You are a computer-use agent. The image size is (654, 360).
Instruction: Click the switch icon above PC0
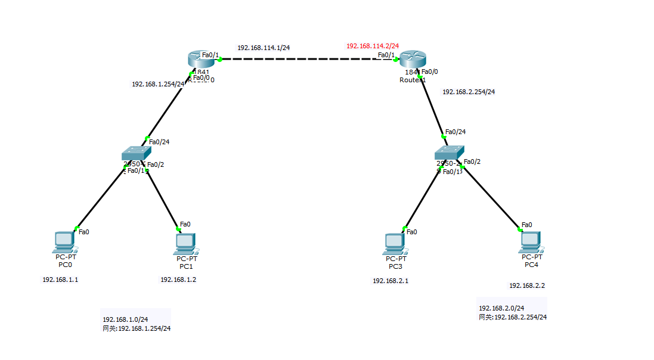click(134, 154)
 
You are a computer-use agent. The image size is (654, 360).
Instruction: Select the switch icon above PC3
click(448, 153)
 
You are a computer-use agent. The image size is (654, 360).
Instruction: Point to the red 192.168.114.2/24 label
click(373, 46)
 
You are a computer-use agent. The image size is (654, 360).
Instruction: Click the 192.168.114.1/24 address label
click(264, 48)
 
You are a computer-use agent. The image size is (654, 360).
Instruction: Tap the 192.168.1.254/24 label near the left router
click(158, 84)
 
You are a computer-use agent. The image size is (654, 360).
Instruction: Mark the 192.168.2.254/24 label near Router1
click(469, 92)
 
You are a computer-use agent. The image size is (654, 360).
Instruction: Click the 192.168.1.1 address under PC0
click(60, 280)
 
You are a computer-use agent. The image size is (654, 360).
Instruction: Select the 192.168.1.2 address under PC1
click(178, 280)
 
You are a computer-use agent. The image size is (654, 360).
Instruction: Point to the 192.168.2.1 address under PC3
click(390, 281)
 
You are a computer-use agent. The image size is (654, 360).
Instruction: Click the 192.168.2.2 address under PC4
click(527, 285)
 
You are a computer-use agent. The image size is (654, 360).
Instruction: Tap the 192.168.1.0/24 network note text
click(125, 319)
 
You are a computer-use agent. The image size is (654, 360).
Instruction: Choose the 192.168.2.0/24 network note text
click(501, 308)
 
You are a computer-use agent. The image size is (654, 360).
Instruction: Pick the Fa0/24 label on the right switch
click(455, 132)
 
